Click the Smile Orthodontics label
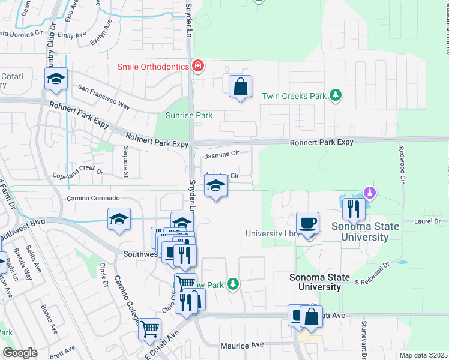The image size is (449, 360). [x=153, y=67]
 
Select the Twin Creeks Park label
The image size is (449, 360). [x=294, y=95]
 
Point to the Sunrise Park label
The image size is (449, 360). [x=190, y=115]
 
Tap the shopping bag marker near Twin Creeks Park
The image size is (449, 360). [x=240, y=86]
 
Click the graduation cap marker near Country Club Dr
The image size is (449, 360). [x=56, y=79]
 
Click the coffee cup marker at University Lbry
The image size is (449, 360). [x=307, y=223]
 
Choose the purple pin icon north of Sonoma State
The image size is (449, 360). [x=370, y=193]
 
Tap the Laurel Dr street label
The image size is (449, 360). [x=427, y=221]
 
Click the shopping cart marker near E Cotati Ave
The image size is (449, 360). [x=149, y=328]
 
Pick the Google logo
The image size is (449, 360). [x=20, y=353]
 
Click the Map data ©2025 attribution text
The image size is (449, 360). [x=423, y=355]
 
